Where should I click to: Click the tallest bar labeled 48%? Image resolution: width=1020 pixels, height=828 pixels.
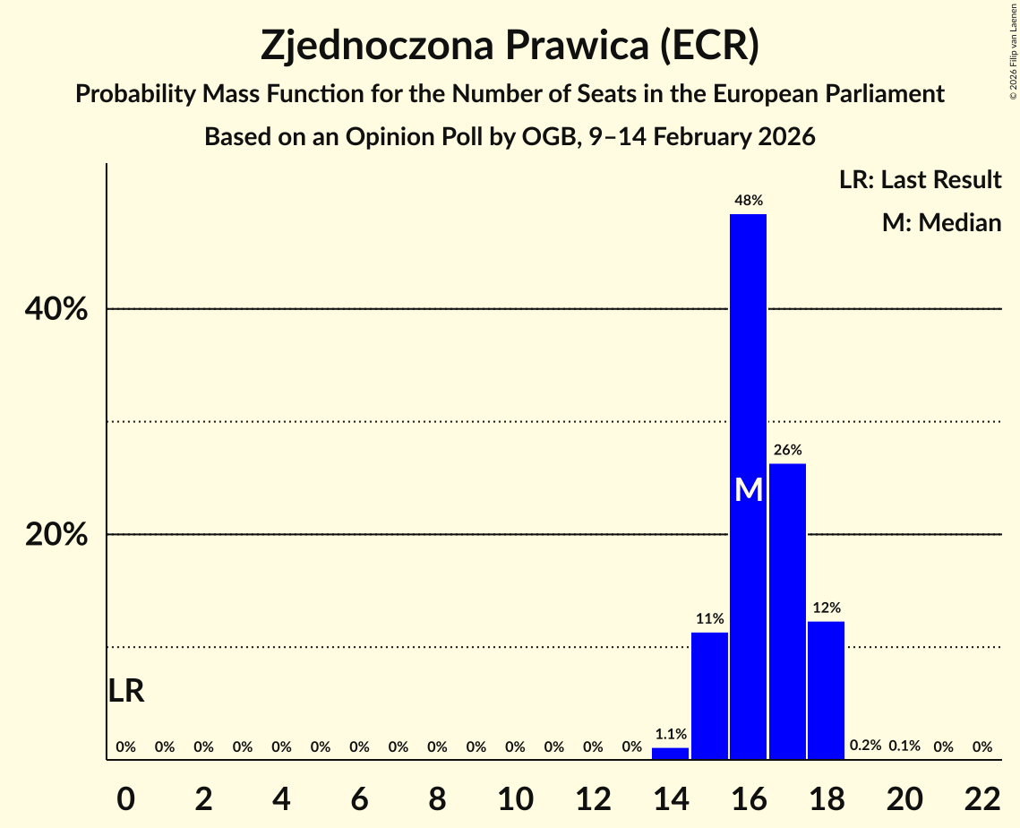[748, 358]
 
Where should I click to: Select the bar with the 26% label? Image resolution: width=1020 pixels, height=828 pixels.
[787, 609]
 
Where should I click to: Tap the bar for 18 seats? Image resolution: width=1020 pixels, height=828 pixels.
[826, 690]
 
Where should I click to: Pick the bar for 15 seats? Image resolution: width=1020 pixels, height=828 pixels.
[709, 695]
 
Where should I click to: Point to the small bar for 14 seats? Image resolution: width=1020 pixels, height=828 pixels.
[670, 754]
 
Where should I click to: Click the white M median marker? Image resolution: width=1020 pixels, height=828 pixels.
[749, 490]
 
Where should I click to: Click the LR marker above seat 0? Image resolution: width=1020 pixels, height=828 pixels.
[126, 691]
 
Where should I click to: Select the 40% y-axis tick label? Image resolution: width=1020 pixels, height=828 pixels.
[56, 310]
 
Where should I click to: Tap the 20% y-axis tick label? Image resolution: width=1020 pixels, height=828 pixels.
[56, 535]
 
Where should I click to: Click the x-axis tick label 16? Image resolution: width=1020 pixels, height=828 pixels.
[749, 798]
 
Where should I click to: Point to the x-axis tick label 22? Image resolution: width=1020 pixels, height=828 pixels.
[982, 798]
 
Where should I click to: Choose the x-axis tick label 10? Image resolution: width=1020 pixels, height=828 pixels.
[515, 798]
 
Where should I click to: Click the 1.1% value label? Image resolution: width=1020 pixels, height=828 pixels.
[670, 734]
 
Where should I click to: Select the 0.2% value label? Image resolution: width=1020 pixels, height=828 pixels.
[865, 746]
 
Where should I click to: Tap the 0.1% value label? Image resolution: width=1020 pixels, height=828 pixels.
[904, 746]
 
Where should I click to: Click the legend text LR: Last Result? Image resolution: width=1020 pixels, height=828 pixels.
[920, 180]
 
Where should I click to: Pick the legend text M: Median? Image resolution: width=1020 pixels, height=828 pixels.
[941, 222]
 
